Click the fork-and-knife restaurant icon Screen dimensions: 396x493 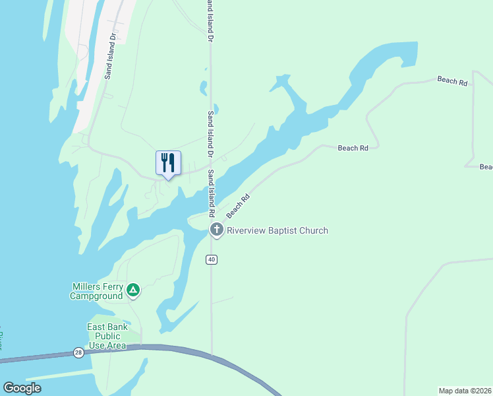click(168, 162)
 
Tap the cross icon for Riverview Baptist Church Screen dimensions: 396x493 click(216, 230)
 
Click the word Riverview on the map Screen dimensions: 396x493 click(246, 230)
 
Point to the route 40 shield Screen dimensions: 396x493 click(211, 259)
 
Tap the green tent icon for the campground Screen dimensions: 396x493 click(133, 289)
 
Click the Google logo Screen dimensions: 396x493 click(22, 388)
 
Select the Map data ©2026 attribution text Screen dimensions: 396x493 click(465, 390)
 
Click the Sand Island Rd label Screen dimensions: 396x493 click(212, 194)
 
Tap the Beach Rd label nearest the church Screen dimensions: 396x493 click(239, 207)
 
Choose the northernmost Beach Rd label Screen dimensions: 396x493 click(452, 81)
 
